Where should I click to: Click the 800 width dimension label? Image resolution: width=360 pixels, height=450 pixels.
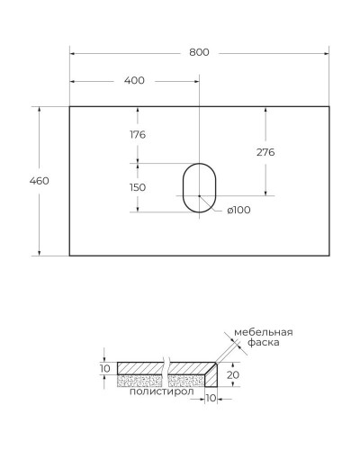click(x=199, y=52)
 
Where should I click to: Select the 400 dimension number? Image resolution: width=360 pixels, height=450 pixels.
click(x=134, y=81)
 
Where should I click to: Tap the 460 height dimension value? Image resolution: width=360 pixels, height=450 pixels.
click(x=39, y=181)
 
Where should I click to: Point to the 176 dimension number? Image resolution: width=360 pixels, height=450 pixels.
click(x=138, y=135)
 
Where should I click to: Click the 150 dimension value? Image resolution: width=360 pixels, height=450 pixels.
click(x=138, y=187)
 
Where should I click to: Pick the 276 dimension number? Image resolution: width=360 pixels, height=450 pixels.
click(x=265, y=152)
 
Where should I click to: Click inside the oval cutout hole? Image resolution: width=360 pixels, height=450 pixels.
click(x=200, y=190)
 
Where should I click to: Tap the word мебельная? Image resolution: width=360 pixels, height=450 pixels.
click(x=264, y=332)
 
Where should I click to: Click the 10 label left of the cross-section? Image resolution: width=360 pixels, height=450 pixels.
click(x=103, y=368)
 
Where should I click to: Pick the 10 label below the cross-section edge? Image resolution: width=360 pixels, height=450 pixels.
click(x=212, y=397)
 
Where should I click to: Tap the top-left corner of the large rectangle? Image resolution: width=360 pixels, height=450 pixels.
click(x=70, y=106)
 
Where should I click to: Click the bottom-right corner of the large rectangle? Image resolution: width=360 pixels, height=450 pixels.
click(x=329, y=256)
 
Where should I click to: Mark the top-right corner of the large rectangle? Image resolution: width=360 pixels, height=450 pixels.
click(x=329, y=106)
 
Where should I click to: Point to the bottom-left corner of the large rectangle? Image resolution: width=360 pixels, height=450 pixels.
click(x=70, y=256)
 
